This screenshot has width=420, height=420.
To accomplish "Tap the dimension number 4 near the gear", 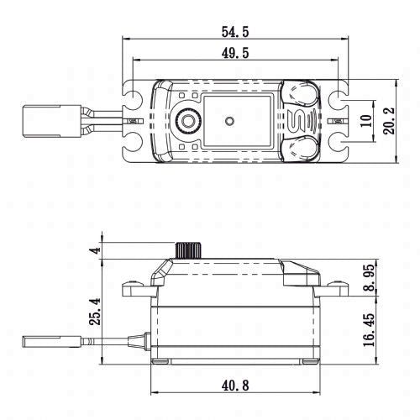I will pos(95,250).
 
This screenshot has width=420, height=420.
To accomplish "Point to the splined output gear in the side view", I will pos(186,249).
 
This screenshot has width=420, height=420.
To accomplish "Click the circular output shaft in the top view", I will pos(190,121).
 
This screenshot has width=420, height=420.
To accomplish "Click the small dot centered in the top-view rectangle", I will pos(228,120).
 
